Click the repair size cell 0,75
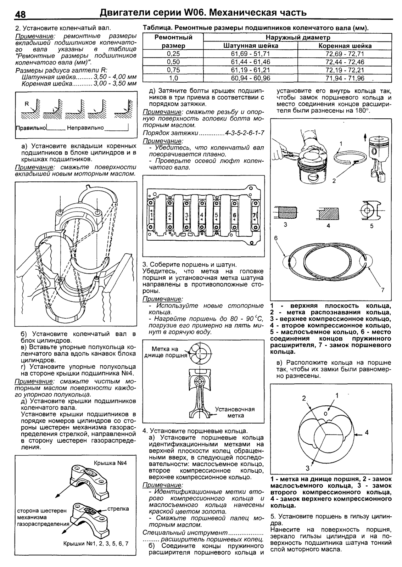tap(173, 70)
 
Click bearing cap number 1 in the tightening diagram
tap(151, 215)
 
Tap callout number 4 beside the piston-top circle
tap(367, 432)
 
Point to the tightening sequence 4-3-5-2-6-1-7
tap(245, 133)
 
